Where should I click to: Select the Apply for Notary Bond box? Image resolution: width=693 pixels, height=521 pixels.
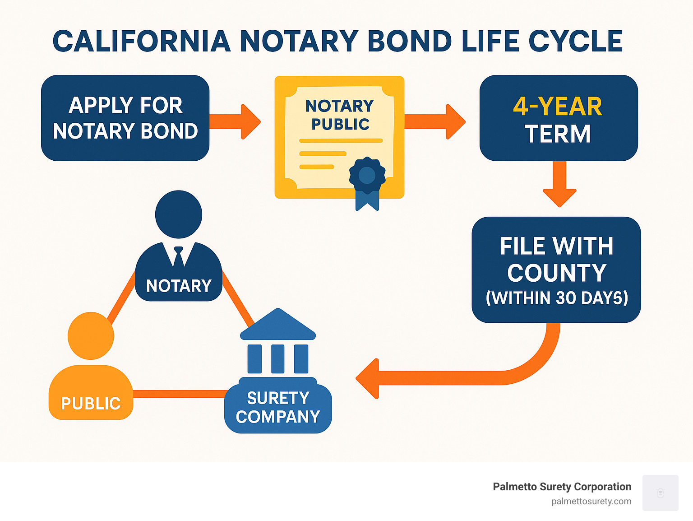125,118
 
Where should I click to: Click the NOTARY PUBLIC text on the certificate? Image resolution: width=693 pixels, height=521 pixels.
340,115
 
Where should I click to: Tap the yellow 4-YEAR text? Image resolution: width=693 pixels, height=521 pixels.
558,107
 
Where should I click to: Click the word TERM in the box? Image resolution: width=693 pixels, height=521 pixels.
558,134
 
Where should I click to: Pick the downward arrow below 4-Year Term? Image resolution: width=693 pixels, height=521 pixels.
559,187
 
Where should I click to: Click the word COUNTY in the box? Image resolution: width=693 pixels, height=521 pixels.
557,273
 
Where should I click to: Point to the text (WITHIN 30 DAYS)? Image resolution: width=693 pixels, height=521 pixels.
557,298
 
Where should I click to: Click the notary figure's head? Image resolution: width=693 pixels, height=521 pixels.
179,214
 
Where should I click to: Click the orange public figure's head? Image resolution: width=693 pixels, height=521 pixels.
91,335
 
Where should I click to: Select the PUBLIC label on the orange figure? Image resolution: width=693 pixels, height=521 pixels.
91,403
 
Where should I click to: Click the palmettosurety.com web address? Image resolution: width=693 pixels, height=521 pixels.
591,501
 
